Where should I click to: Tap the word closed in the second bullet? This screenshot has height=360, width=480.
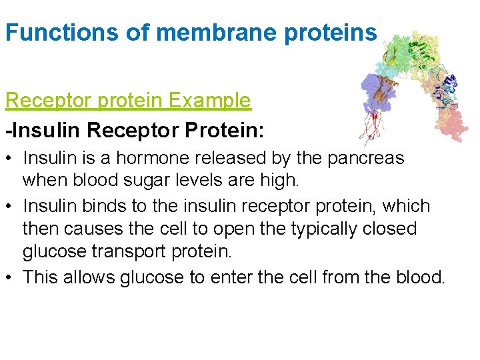point(392,229)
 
